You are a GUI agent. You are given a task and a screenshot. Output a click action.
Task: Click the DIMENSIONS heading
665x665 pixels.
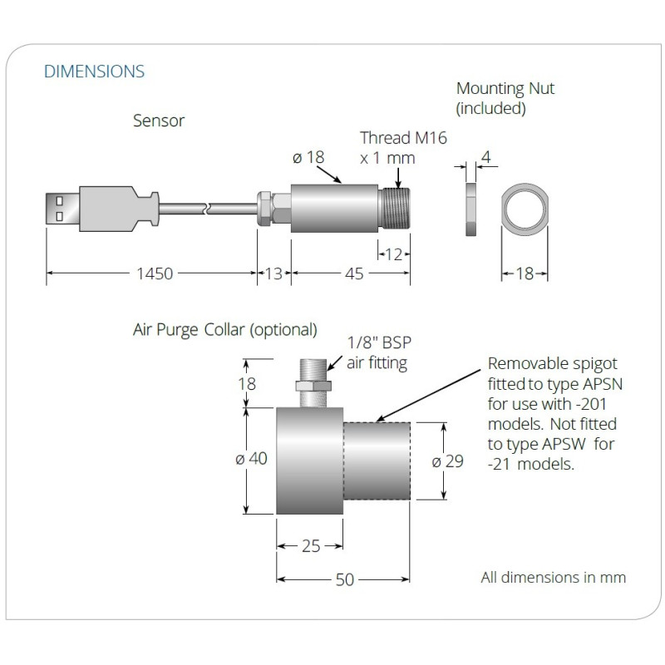point(94,71)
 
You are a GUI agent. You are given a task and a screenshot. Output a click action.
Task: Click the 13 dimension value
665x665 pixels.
point(273,273)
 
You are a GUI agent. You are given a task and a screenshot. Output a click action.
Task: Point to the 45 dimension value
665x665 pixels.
point(354,273)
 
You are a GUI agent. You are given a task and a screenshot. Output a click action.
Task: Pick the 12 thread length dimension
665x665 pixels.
point(395,254)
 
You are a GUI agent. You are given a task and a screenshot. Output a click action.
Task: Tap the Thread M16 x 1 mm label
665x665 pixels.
point(403,147)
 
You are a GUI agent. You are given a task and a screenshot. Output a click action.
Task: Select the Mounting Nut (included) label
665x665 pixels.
point(505,98)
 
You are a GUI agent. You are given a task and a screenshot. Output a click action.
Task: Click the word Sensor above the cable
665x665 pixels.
point(159,121)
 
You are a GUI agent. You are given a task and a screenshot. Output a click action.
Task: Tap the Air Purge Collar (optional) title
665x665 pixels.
point(225,330)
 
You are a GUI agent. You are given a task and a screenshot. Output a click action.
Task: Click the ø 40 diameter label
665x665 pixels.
point(252,459)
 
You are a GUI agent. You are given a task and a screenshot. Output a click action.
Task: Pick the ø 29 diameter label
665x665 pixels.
point(448,461)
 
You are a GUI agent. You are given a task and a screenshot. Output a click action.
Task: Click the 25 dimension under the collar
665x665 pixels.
point(310,546)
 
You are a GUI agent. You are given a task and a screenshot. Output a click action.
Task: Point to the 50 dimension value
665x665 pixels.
point(343,579)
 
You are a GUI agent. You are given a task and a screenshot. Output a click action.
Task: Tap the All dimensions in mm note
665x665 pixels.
point(553,577)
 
